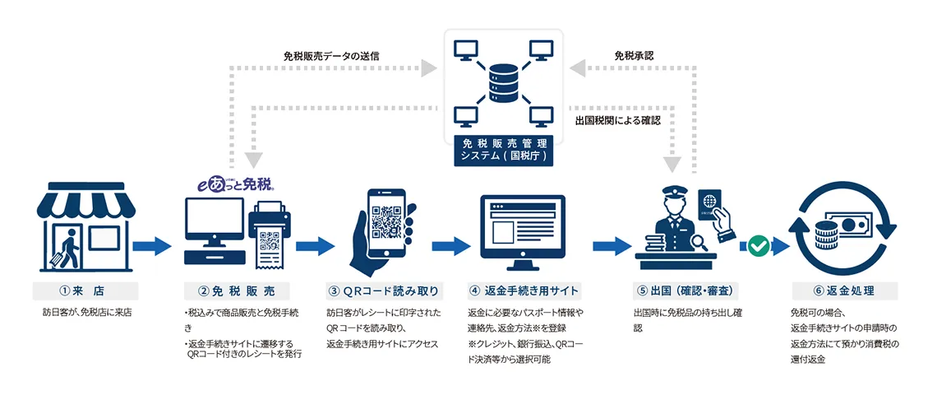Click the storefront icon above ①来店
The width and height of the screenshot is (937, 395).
click(86, 227)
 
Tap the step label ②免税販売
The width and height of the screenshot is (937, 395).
click(237, 291)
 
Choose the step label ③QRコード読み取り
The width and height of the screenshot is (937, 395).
click(383, 291)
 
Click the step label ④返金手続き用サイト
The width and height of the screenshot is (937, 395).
click(524, 291)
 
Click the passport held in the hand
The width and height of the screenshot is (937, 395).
click(710, 207)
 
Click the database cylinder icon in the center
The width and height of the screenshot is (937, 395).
click(502, 84)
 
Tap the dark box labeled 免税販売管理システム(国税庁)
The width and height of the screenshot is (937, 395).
click(502, 151)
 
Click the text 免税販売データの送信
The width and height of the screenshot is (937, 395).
click(331, 56)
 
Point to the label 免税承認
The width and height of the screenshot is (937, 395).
click(634, 56)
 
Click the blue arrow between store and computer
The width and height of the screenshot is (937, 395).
click(152, 245)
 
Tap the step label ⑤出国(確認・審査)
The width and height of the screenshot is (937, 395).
click(685, 291)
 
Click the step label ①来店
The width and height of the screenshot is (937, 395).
click(85, 291)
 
